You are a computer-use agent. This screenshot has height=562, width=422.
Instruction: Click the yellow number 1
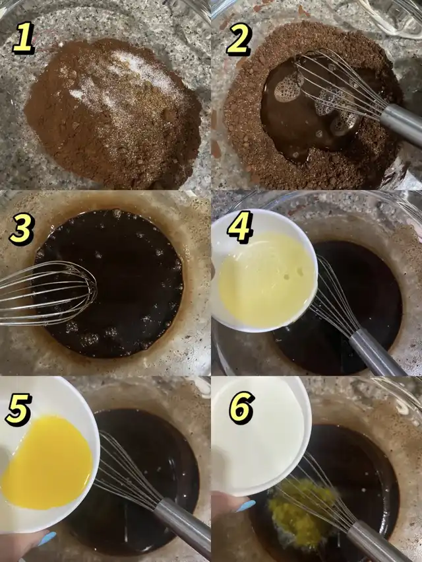23,38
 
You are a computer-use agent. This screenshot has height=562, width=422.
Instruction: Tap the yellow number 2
239,40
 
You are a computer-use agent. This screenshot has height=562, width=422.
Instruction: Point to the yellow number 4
240,227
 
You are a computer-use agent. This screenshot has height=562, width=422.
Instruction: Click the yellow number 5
18,409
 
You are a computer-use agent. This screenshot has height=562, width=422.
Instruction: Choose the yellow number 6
242,407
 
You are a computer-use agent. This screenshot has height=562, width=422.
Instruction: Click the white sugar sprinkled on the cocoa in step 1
122,79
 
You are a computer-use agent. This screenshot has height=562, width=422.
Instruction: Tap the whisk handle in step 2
402,124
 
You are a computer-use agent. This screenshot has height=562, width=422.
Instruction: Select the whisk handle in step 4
376,353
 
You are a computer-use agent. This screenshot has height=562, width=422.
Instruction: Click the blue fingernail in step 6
245,506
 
